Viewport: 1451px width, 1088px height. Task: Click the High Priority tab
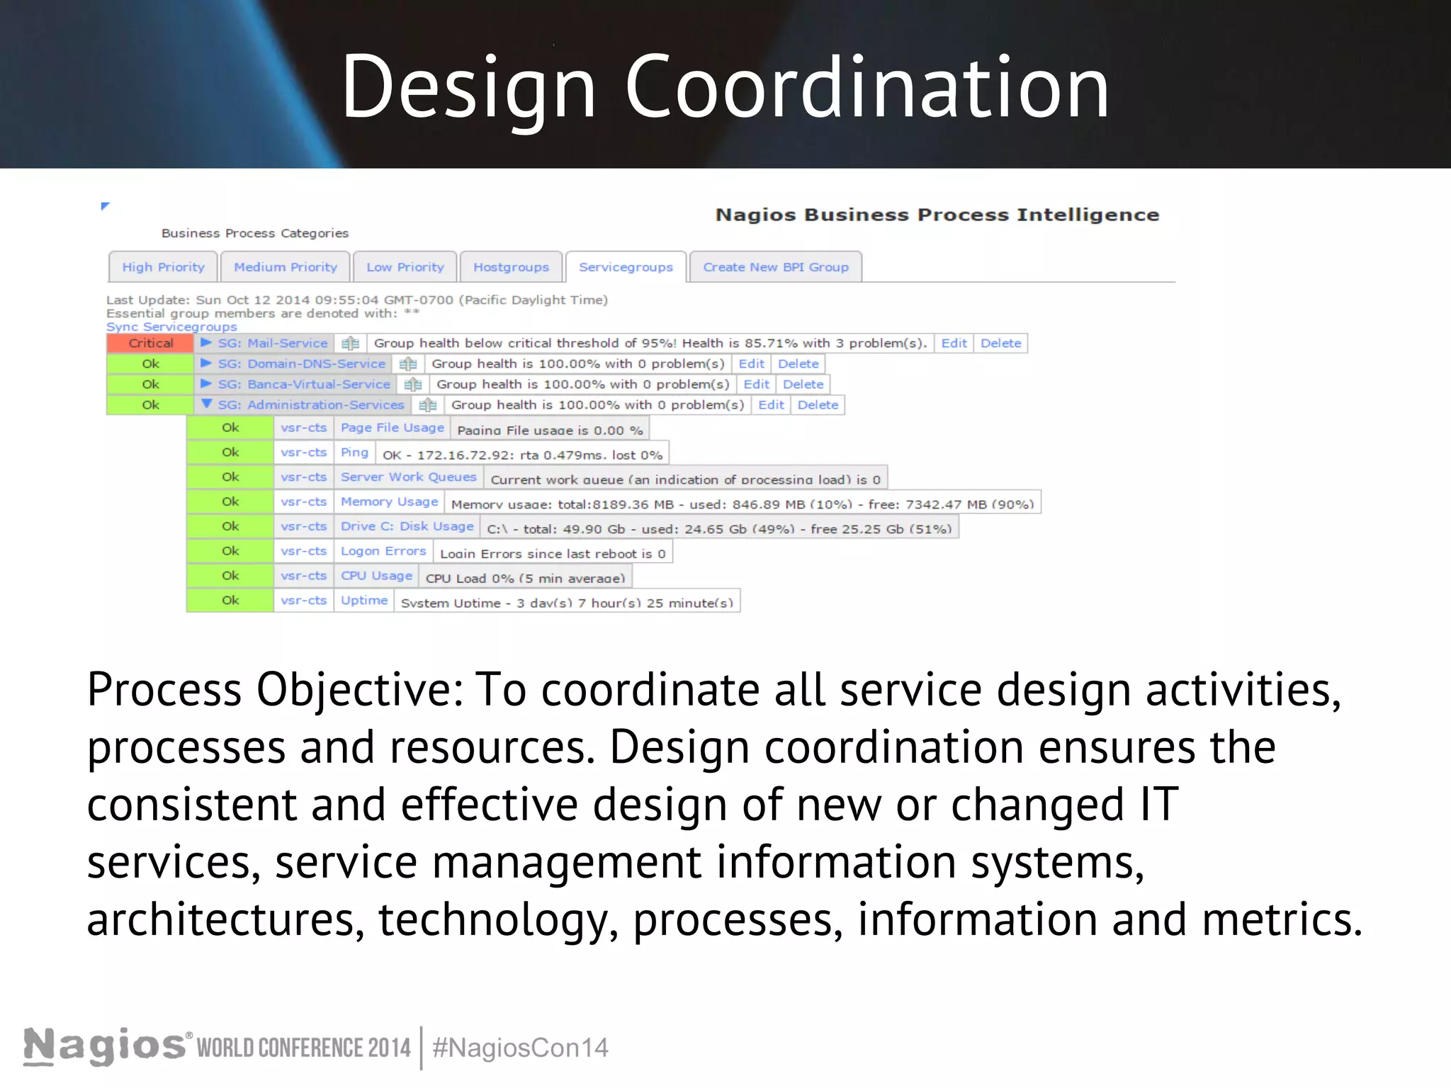click(x=163, y=267)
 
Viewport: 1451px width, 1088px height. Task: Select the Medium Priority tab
click(x=286, y=267)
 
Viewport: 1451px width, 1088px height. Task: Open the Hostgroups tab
click(x=511, y=267)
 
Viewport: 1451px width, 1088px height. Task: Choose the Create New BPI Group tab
click(x=775, y=267)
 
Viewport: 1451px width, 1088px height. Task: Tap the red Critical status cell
click(x=150, y=343)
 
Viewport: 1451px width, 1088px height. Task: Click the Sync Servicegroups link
click(x=171, y=327)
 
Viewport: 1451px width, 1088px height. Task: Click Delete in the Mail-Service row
click(x=1000, y=343)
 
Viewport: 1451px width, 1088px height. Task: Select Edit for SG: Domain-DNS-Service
click(x=751, y=363)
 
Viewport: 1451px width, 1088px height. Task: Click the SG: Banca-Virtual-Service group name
click(x=304, y=384)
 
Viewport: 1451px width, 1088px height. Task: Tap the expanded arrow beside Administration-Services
click(x=206, y=404)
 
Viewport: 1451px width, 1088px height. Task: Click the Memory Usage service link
click(x=389, y=501)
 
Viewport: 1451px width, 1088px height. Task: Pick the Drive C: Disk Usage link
click(x=407, y=526)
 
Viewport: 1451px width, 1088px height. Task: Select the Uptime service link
click(x=364, y=600)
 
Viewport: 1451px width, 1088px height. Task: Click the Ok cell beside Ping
click(x=230, y=452)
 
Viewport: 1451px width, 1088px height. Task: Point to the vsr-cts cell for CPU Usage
click(x=303, y=575)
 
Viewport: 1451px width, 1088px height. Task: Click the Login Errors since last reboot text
click(x=553, y=553)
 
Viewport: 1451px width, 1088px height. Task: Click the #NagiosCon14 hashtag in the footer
click(x=520, y=1048)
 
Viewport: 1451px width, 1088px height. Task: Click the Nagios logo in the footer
click(x=105, y=1045)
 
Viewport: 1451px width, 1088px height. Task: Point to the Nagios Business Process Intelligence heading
click(x=937, y=215)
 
